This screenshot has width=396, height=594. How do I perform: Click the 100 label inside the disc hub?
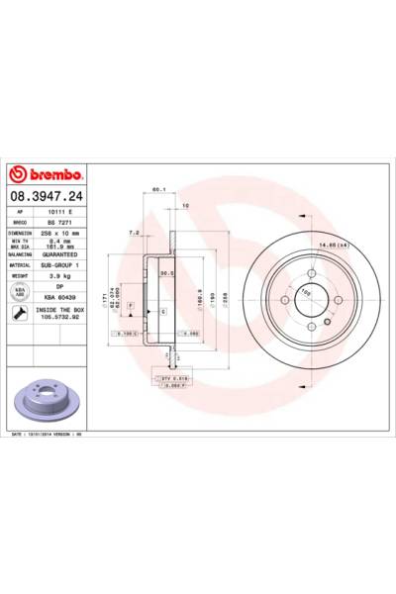(307, 292)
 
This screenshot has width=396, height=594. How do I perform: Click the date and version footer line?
(49, 434)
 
